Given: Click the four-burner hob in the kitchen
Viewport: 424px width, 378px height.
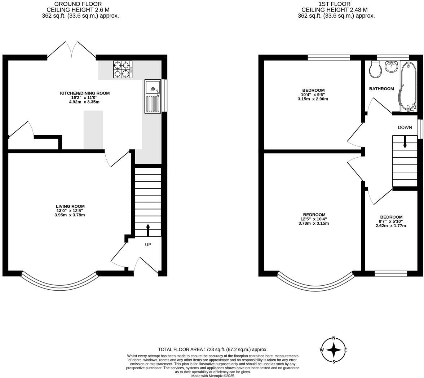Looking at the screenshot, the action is click(x=123, y=70).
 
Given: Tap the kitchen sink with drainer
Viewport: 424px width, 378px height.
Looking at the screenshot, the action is click(x=153, y=96).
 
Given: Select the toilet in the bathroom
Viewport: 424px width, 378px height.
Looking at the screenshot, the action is click(x=375, y=70).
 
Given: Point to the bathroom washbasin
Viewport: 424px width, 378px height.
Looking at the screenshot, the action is click(x=391, y=66).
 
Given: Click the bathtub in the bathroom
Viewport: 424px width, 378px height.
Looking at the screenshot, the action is click(x=407, y=86).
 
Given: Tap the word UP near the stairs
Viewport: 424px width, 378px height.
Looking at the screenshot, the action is click(x=148, y=245).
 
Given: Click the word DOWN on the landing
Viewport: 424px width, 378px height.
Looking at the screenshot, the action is click(x=405, y=127).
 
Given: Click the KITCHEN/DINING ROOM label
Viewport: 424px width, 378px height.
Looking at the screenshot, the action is click(x=85, y=93).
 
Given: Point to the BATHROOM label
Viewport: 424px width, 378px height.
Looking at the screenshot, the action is click(x=381, y=89).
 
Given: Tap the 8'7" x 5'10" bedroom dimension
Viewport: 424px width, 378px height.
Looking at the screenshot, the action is click(x=391, y=221).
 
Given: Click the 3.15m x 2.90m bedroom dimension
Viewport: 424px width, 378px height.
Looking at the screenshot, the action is click(x=313, y=99).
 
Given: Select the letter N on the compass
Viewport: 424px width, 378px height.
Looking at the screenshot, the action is click(x=334, y=338).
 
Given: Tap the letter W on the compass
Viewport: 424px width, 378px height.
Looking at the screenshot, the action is click(x=322, y=350).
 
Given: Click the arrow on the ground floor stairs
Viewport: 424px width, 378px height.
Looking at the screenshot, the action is click(x=148, y=230).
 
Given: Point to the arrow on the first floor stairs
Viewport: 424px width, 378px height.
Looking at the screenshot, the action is click(x=405, y=142).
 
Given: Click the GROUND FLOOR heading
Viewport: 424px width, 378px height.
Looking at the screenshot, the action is click(x=78, y=4).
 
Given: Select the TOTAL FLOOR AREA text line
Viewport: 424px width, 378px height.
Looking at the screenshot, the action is click(x=213, y=350).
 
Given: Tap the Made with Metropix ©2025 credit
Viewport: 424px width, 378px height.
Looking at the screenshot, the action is click(x=213, y=376).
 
